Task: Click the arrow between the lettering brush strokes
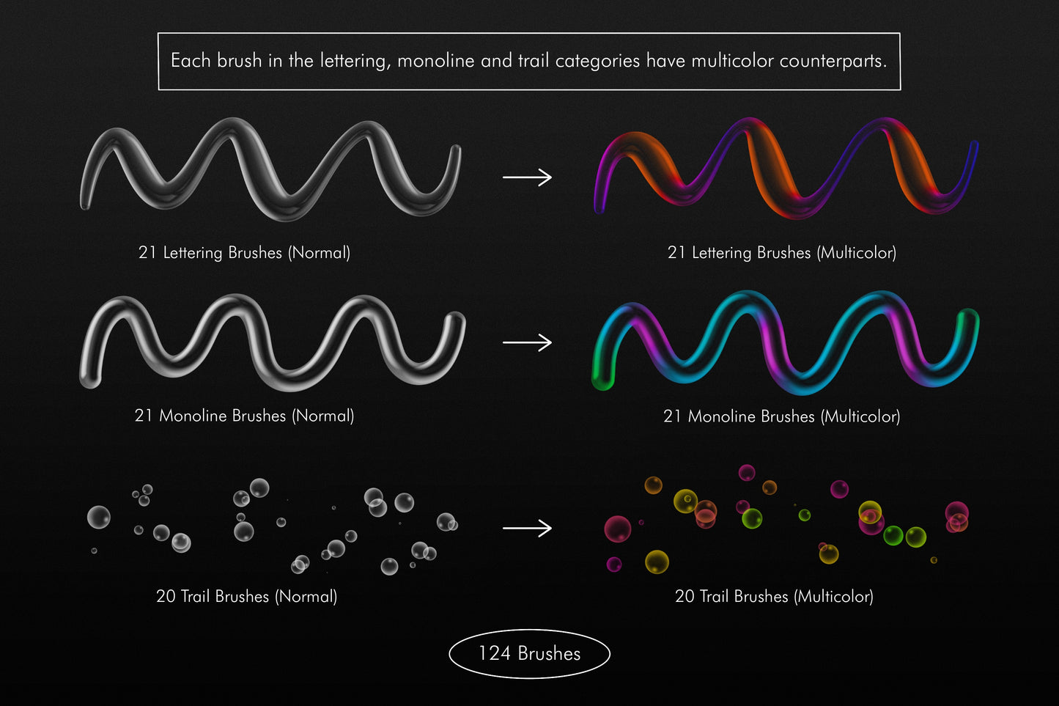[527, 177]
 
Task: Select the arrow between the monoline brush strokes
[527, 342]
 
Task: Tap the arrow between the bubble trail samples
[527, 528]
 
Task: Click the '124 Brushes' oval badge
[529, 653]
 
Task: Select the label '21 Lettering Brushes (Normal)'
[245, 252]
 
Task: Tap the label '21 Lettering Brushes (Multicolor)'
[782, 252]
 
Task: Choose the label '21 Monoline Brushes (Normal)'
[245, 416]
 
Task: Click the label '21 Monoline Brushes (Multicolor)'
[782, 416]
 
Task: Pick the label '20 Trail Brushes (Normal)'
[247, 596]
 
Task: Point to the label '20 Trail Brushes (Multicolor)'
[775, 596]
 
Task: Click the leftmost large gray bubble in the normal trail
[99, 517]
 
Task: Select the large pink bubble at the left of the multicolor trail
[617, 529]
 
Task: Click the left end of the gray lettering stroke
[85, 205]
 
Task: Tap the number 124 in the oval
[495, 653]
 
